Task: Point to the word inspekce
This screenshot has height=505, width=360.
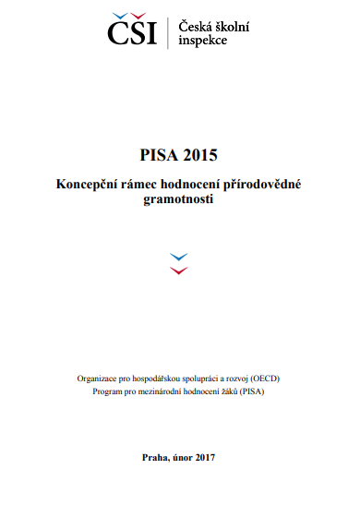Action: [200, 42]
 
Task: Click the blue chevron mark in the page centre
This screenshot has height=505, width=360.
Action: [180, 256]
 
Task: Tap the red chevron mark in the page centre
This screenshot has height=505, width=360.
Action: [180, 270]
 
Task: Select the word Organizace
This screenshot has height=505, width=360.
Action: [98, 379]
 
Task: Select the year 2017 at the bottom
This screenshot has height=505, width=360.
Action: [205, 457]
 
